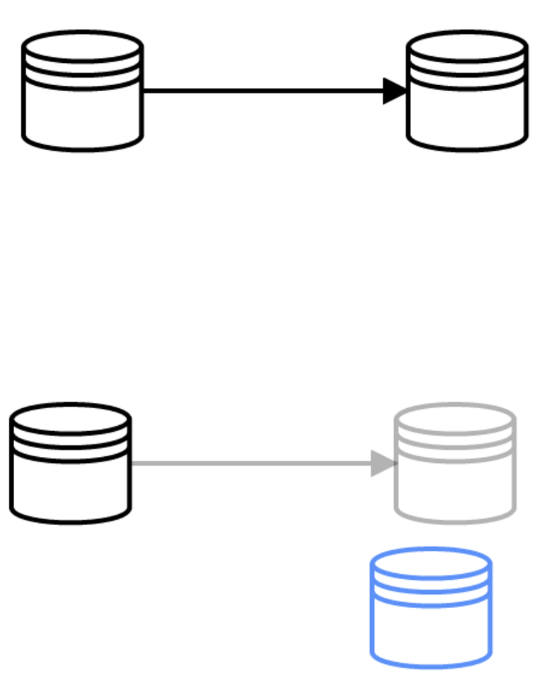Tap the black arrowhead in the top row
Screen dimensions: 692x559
394,91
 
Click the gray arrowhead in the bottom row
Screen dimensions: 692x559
382,464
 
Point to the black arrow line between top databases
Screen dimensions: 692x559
263,91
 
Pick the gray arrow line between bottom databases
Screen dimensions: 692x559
250,464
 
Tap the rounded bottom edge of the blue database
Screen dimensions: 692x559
431,665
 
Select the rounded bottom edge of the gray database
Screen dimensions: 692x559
455,520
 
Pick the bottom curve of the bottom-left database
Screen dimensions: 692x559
70,520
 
